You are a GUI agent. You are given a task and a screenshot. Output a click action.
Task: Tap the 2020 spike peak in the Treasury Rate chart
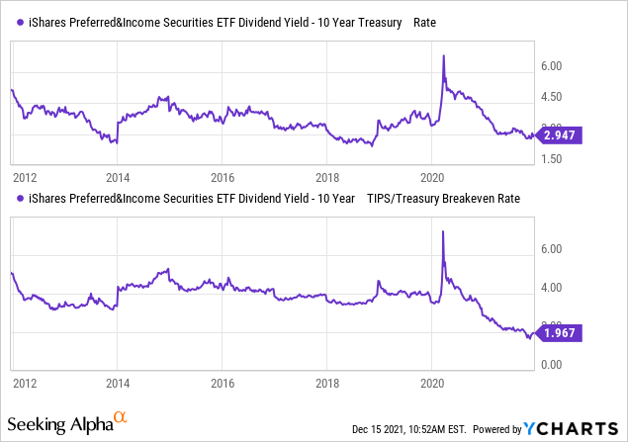[x=443, y=55]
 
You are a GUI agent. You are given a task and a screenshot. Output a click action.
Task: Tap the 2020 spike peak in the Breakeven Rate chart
[x=442, y=231]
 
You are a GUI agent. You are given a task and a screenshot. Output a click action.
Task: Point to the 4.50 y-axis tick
[x=551, y=97]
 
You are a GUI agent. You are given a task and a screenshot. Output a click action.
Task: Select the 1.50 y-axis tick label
[x=551, y=158]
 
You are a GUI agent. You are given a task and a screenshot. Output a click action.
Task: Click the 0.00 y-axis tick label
[x=551, y=365]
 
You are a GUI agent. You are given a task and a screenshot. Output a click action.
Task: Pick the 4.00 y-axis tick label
[x=551, y=288]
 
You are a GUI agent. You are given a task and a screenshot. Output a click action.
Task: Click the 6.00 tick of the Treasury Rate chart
[x=551, y=66]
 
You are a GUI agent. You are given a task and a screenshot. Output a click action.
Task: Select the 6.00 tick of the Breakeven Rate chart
[x=551, y=249]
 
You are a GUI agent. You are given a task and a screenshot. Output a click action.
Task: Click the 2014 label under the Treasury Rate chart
[x=118, y=178]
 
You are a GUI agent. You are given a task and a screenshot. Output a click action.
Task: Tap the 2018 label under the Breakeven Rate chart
[x=327, y=382]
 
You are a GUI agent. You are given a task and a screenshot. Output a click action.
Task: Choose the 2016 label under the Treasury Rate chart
[x=223, y=178]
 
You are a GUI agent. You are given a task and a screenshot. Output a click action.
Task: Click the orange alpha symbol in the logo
[x=119, y=420]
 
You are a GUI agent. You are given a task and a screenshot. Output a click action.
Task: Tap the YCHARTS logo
[x=572, y=428]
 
